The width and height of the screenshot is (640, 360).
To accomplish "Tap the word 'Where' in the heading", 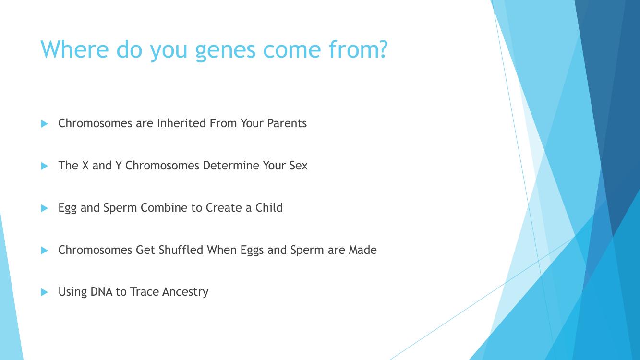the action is [x=74, y=49].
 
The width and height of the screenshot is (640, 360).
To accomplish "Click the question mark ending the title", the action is [x=382, y=49].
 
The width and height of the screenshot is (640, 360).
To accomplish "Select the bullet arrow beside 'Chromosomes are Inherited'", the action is [x=44, y=124].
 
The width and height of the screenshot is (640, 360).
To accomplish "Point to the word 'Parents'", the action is [x=287, y=123].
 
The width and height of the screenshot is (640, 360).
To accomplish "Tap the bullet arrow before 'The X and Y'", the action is [x=44, y=166].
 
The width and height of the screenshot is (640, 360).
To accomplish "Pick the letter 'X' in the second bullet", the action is [x=85, y=166].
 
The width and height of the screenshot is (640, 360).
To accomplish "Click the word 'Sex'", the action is [x=298, y=166].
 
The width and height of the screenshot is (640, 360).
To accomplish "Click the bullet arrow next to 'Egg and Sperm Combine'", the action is [x=44, y=208].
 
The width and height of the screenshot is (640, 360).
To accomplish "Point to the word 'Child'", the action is [x=269, y=208].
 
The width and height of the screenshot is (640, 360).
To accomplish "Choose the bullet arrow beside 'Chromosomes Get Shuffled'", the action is [x=44, y=250].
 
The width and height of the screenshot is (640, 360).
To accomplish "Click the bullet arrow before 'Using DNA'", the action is [x=44, y=292].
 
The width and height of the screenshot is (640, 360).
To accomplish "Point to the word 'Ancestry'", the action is [x=185, y=292].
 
